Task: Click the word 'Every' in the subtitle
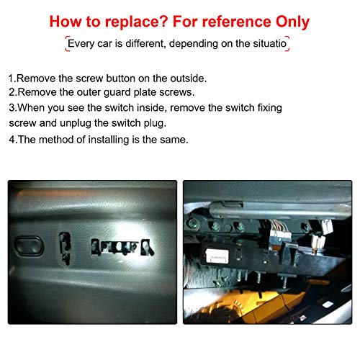click(81, 44)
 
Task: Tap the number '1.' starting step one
click(12, 78)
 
